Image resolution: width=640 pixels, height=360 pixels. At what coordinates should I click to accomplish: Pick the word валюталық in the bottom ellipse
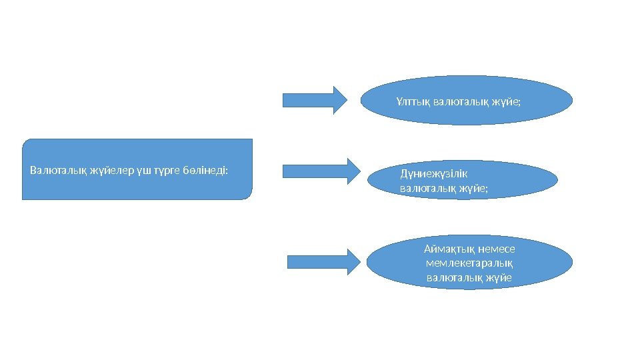(x=451, y=277)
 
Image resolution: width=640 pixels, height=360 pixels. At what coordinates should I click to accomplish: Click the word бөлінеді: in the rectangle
(x=205, y=170)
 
